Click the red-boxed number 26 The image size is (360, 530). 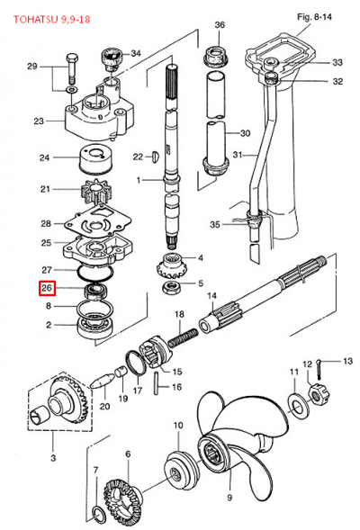pos(47,288)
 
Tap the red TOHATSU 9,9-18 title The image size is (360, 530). pos(51,19)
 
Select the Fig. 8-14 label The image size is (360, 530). pos(314,17)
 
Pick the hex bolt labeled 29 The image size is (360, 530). pos(73,69)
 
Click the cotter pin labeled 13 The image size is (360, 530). pos(320,367)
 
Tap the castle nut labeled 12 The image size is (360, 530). pos(319,394)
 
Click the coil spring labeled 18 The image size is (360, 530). pos(183,337)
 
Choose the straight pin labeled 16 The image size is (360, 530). pos(157,383)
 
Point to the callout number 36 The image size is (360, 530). pos(220,24)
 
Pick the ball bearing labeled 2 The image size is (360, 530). pos(95,326)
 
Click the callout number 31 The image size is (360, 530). pos(238,155)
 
